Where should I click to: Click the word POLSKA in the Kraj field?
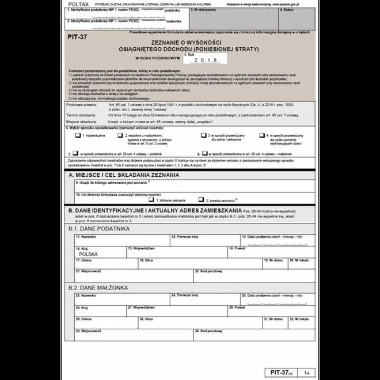[88, 253]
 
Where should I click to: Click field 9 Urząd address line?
[190, 185]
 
